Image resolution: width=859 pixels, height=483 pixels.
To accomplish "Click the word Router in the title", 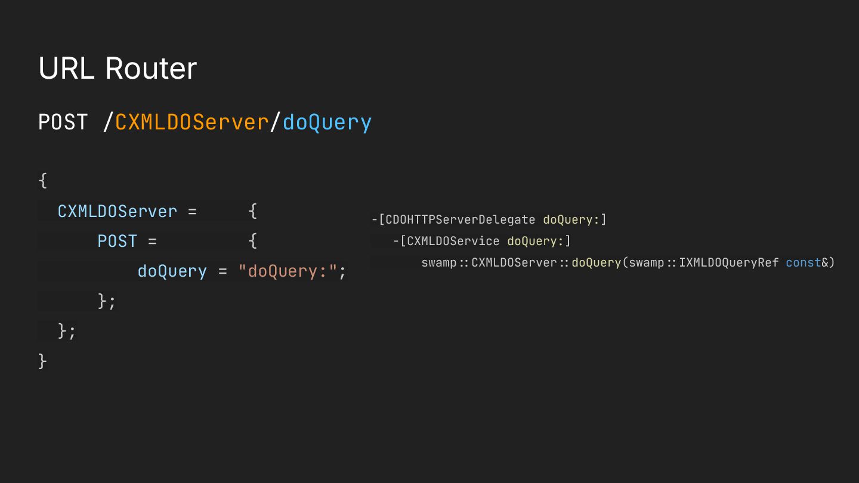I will pyautogui.click(x=151, y=69).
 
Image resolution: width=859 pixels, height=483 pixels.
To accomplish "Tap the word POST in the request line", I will pyautogui.click(x=63, y=122).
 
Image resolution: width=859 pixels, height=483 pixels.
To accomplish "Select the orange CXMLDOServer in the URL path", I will pyautogui.click(x=191, y=122).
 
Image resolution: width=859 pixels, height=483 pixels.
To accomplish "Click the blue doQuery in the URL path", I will pyautogui.click(x=327, y=122).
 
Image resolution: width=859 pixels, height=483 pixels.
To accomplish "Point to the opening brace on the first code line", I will pyautogui.click(x=42, y=180).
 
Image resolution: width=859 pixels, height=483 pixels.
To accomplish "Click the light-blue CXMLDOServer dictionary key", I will pyautogui.click(x=118, y=211).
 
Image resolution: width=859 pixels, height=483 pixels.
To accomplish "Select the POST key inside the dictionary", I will pyautogui.click(x=118, y=241).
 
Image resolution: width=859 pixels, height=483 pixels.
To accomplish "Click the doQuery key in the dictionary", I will pyautogui.click(x=172, y=271).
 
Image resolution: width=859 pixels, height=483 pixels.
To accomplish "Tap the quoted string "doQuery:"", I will pyautogui.click(x=288, y=271).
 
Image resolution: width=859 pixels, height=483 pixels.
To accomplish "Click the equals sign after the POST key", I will pyautogui.click(x=152, y=241).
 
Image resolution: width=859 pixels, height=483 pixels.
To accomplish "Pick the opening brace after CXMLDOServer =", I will pyautogui.click(x=252, y=210).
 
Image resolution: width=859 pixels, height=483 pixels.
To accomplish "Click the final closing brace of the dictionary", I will pyautogui.click(x=42, y=361).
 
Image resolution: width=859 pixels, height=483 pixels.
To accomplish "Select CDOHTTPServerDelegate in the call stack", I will pyautogui.click(x=460, y=219).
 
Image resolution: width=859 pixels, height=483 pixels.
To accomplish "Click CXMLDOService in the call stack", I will pyautogui.click(x=453, y=241).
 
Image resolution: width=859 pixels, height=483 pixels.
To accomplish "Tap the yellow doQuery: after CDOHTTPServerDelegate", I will pyautogui.click(x=571, y=219).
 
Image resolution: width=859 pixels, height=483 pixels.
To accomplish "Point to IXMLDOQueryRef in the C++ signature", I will pyautogui.click(x=728, y=262).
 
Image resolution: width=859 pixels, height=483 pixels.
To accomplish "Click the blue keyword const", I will pyautogui.click(x=803, y=262).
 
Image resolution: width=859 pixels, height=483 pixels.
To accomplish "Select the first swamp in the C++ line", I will pyautogui.click(x=438, y=262).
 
